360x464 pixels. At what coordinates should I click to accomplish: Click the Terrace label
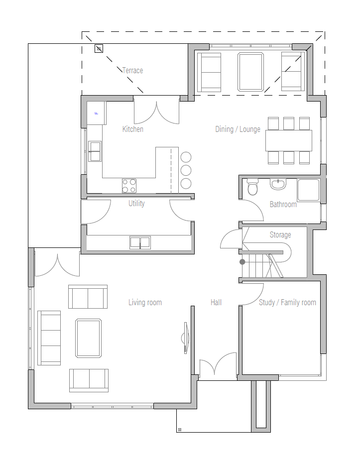tap(132, 71)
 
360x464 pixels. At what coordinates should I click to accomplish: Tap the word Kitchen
tap(133, 129)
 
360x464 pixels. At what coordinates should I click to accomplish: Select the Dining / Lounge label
tap(238, 129)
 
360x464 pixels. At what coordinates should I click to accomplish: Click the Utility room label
tap(136, 203)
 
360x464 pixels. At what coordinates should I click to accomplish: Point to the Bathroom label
tap(283, 204)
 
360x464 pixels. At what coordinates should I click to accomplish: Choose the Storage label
tap(280, 234)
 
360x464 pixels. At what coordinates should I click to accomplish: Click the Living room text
tap(145, 302)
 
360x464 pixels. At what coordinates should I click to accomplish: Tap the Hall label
tap(216, 302)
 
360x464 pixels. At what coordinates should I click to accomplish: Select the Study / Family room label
tap(287, 302)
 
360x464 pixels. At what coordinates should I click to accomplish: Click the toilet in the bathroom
tap(253, 188)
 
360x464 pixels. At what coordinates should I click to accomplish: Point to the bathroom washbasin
tap(278, 185)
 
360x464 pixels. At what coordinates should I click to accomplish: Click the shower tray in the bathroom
tap(308, 190)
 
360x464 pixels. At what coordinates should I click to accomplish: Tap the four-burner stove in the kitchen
tap(129, 186)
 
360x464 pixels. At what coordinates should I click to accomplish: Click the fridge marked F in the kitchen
tap(96, 114)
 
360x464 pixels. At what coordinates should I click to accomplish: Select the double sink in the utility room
tap(140, 242)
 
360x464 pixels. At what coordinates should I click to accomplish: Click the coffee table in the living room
tap(89, 338)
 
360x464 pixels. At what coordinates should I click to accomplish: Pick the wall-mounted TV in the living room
tap(186, 338)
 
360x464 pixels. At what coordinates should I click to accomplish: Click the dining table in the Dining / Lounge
tap(289, 140)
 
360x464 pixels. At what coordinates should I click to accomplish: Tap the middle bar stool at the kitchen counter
tap(186, 170)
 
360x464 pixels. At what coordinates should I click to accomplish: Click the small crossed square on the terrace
tap(99, 48)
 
